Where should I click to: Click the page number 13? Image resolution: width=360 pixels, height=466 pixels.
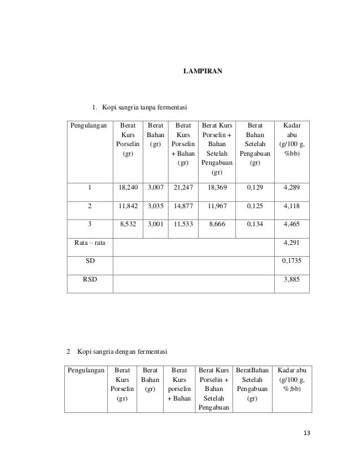pos(306,433)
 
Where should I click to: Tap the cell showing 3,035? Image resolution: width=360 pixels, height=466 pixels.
pos(155,206)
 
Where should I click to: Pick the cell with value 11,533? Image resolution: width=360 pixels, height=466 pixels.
pos(182,224)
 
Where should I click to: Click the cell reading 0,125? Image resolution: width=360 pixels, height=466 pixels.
pos(254,206)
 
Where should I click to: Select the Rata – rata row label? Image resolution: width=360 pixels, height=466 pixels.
pos(90,243)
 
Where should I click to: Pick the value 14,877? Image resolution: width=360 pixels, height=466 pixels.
pos(182,206)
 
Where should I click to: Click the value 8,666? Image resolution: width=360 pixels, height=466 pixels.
pos(217,224)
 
